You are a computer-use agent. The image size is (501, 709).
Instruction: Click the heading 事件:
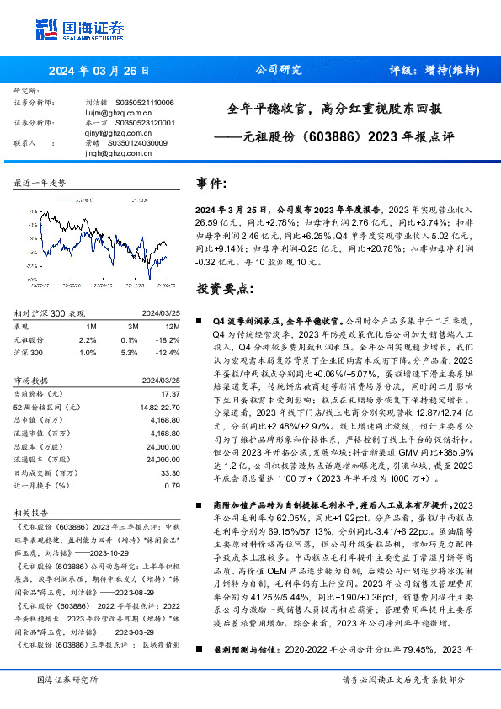tap(211, 183)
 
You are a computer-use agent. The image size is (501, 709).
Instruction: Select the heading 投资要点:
tap(221, 288)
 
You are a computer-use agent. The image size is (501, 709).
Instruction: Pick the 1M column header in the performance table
tap(91, 327)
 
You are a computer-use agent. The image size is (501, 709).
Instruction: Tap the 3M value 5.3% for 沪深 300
tap(130, 351)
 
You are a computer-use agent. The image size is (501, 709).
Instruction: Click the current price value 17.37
tap(171, 394)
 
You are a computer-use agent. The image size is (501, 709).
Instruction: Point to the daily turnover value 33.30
tap(171, 474)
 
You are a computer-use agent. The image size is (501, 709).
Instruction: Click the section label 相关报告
tap(33, 511)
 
